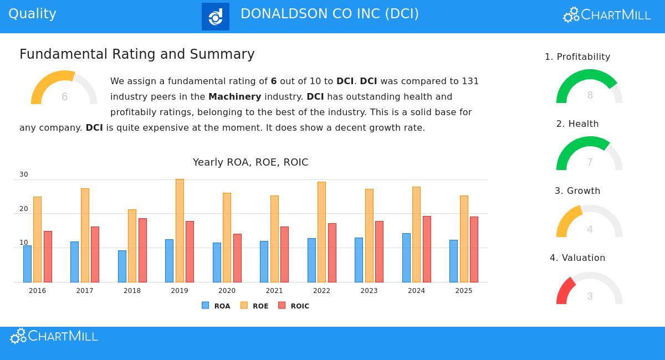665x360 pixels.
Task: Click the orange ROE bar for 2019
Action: click(x=180, y=230)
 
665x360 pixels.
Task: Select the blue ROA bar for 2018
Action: click(x=122, y=266)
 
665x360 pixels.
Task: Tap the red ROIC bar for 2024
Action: click(x=427, y=249)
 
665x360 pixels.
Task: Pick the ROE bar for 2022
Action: click(x=321, y=232)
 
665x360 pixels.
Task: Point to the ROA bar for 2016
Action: click(x=27, y=264)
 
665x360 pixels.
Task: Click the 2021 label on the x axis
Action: click(x=274, y=291)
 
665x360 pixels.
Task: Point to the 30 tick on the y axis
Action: click(x=24, y=174)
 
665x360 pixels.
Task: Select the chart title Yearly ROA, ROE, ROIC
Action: click(x=250, y=162)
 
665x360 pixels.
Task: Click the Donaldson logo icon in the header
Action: click(x=216, y=17)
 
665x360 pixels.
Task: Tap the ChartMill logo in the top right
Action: click(x=607, y=15)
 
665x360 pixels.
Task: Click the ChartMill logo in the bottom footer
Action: click(x=54, y=336)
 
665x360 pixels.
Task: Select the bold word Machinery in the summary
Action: click(x=234, y=96)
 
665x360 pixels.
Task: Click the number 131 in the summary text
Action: click(x=470, y=81)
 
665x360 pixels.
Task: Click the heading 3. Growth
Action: click(x=577, y=191)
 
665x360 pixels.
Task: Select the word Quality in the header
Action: click(x=33, y=14)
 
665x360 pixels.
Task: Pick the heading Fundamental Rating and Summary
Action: click(x=137, y=54)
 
